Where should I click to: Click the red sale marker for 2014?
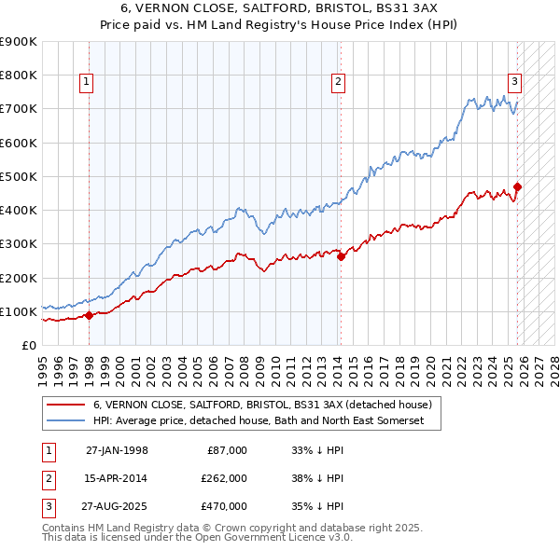[341, 257]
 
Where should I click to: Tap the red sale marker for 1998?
[89, 316]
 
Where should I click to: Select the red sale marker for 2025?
[517, 186]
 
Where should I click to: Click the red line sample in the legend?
[65, 406]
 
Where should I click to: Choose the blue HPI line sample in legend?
[65, 421]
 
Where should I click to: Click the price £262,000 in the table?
[224, 477]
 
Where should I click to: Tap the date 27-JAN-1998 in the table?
[117, 450]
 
